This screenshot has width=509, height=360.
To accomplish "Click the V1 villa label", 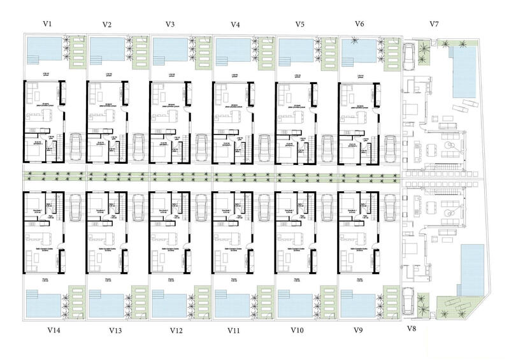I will [x=47, y=24].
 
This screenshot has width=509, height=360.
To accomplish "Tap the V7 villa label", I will [x=434, y=24].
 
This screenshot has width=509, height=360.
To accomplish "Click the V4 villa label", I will [x=235, y=25].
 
